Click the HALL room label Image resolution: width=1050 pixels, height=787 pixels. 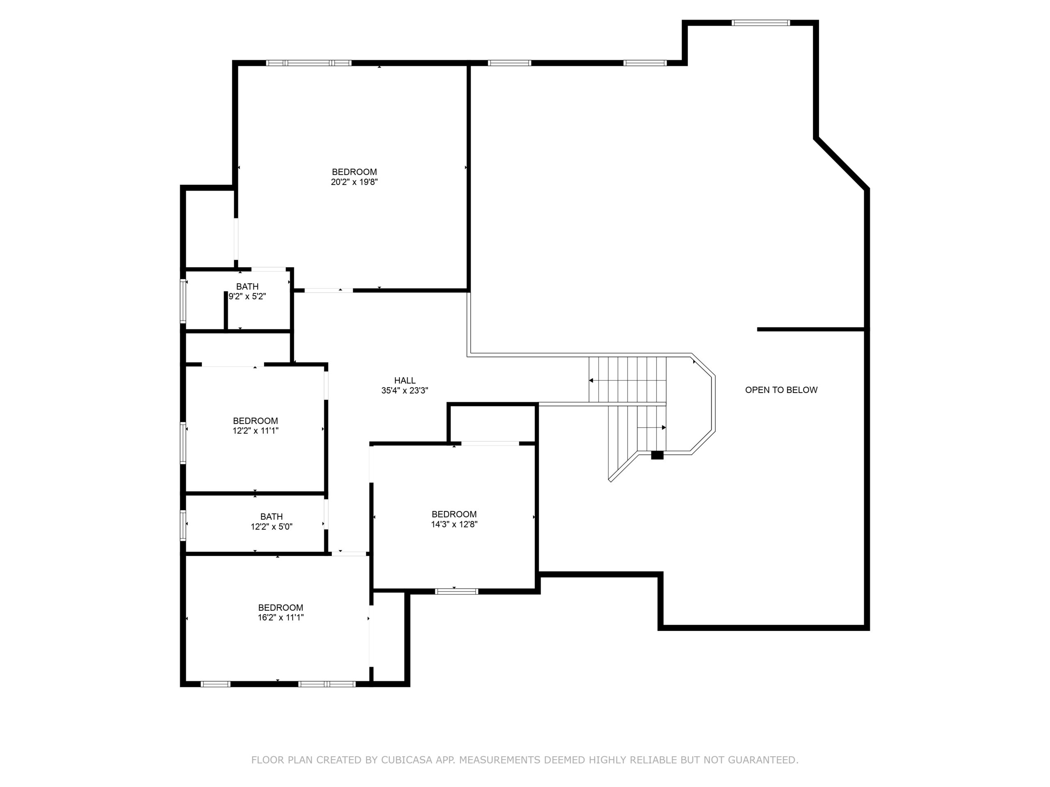tap(405, 380)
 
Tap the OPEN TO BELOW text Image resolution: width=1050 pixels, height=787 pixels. tap(781, 390)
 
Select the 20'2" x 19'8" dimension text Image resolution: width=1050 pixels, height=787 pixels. tap(354, 182)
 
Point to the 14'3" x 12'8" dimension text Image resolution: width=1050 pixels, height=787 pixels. tap(454, 524)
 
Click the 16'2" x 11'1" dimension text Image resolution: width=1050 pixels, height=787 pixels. tap(281, 618)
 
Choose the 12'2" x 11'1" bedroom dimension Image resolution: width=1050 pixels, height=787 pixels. tap(256, 431)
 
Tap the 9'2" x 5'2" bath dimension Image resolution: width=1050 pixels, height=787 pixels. tap(247, 296)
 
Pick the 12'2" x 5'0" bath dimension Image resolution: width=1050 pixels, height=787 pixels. tap(272, 527)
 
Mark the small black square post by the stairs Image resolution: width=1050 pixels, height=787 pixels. tap(657, 455)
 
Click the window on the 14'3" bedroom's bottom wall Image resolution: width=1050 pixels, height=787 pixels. tap(457, 591)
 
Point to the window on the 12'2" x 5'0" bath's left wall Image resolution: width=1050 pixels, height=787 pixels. tap(183, 525)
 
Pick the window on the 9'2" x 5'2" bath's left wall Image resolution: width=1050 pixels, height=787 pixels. tap(183, 301)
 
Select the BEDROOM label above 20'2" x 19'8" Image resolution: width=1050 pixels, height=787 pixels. tap(354, 172)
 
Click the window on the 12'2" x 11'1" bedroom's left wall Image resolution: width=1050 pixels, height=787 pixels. tap(183, 443)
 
